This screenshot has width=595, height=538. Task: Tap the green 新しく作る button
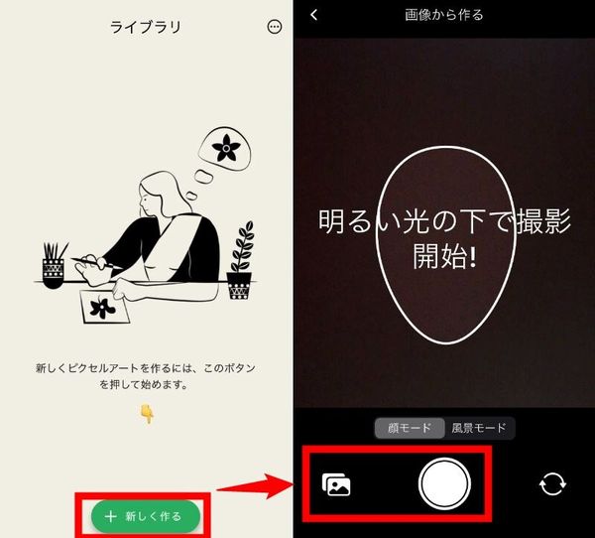(x=146, y=516)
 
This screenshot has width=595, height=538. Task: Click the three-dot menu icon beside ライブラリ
(x=275, y=27)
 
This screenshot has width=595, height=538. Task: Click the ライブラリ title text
(x=146, y=27)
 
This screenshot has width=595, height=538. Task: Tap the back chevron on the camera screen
(x=313, y=15)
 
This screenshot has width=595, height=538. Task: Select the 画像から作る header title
(x=444, y=15)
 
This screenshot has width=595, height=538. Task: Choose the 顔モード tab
(x=410, y=428)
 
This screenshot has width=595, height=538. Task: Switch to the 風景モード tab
(x=479, y=428)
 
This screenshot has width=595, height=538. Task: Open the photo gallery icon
(x=336, y=484)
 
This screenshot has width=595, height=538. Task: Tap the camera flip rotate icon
(x=552, y=484)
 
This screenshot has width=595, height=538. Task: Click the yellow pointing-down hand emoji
(x=147, y=413)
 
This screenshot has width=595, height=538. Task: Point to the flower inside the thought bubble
(x=226, y=148)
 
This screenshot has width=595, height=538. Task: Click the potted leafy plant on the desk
(x=240, y=261)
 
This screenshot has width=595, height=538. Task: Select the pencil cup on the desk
(x=54, y=265)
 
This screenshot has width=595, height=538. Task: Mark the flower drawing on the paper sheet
(x=102, y=308)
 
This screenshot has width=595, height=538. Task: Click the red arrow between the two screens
(x=254, y=486)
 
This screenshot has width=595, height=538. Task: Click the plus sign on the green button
(x=110, y=516)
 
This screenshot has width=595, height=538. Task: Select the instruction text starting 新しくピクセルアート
(x=146, y=376)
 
